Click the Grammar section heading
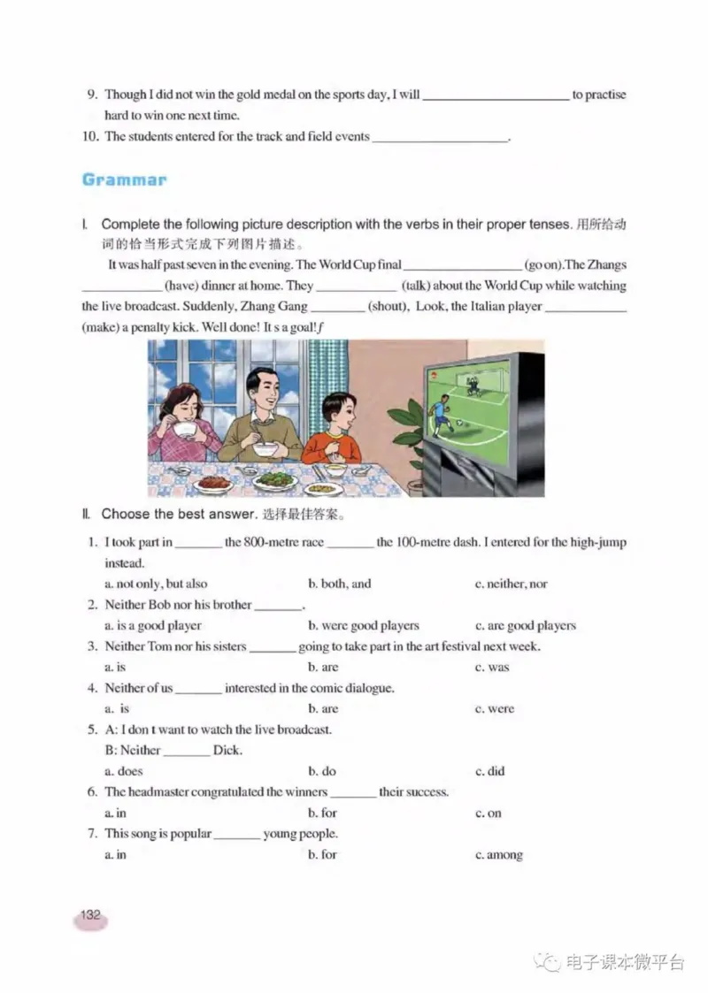[124, 180]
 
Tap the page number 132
[90, 916]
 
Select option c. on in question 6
[488, 813]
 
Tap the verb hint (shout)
[387, 307]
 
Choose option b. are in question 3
[323, 667]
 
